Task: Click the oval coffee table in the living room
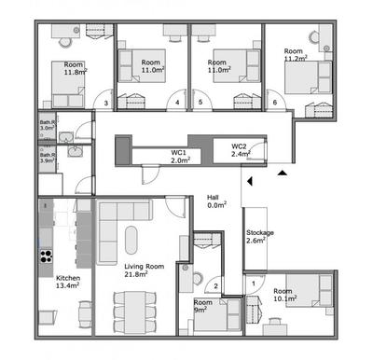pos(131,242)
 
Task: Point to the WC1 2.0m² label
pos(180,156)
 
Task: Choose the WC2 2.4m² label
pos(239,149)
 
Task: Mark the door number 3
pos(106,104)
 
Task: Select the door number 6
pos(274,103)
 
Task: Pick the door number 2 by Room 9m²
pos(216,286)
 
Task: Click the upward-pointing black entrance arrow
pos(281,173)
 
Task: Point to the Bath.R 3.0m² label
pos(47,125)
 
